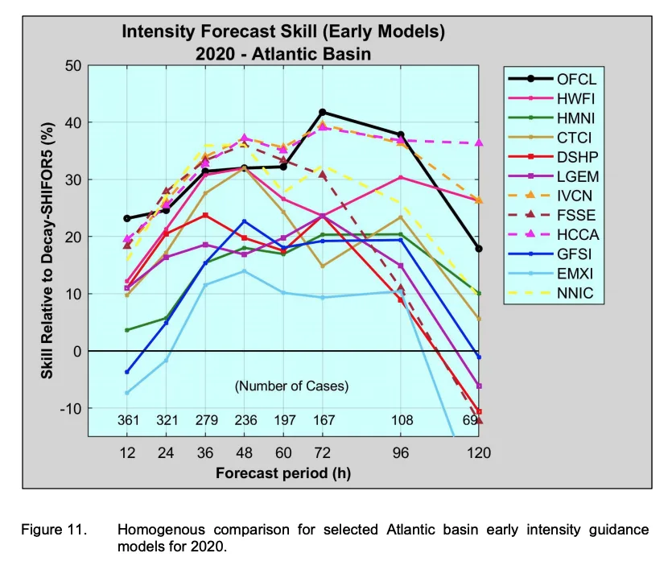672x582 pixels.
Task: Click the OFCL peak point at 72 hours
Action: coord(323,112)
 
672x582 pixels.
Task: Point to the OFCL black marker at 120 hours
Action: coord(479,249)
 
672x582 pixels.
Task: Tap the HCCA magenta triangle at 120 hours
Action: coord(479,143)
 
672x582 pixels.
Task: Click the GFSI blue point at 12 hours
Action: coord(127,372)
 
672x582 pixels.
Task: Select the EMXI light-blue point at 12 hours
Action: coord(127,393)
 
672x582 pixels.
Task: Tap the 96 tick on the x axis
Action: coord(401,453)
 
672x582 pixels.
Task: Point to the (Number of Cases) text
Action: coord(291,386)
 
